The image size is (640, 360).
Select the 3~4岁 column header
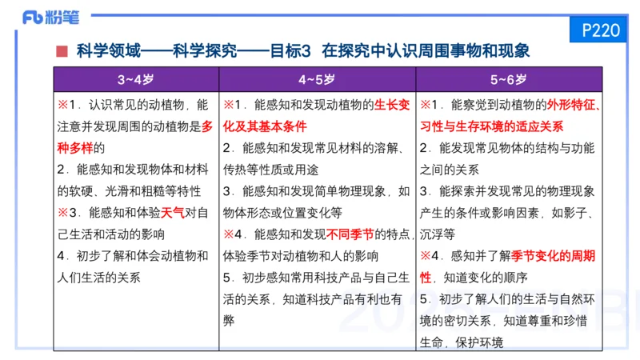(135, 80)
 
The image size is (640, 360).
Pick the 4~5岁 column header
(317, 80)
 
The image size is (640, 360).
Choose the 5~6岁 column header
(509, 80)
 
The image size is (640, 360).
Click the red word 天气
(172, 214)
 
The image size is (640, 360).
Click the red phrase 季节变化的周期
(552, 257)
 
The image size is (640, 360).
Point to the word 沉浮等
(438, 235)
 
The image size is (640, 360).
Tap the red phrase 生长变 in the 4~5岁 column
(392, 106)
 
